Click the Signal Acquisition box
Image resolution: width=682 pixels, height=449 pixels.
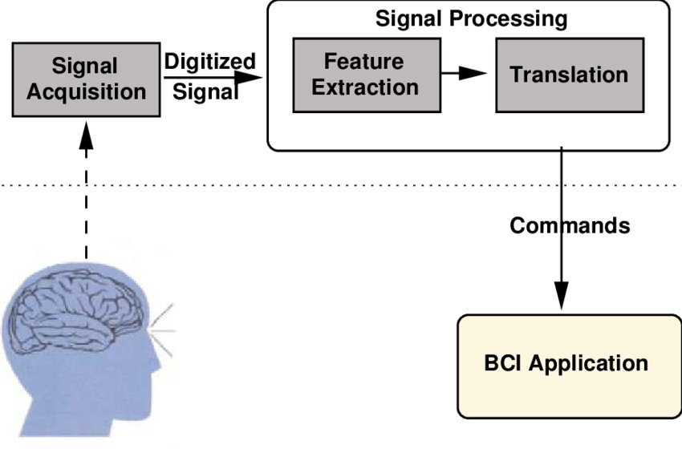tap(86, 79)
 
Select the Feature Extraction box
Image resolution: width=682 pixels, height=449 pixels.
tap(367, 75)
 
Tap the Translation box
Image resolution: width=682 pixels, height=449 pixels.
tap(570, 75)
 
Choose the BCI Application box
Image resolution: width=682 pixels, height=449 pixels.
tap(570, 366)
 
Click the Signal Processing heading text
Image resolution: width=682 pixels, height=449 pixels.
tap(471, 18)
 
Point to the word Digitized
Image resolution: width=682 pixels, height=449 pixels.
tap(209, 61)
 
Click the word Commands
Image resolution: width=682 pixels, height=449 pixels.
tap(570, 225)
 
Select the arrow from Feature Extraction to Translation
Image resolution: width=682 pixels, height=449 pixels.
tap(464, 73)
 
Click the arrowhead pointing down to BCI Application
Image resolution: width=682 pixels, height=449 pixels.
tap(561, 296)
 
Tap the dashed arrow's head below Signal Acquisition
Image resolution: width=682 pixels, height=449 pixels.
tap(86, 135)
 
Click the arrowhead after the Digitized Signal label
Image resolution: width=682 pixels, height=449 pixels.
tap(249, 78)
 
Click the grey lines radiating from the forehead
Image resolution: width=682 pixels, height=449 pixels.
tap(162, 330)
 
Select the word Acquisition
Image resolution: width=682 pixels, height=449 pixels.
tap(86, 92)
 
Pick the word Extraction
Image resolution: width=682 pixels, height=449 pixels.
tap(365, 87)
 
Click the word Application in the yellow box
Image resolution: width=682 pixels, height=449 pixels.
tap(588, 364)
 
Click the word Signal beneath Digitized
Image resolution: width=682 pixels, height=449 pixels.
tap(205, 91)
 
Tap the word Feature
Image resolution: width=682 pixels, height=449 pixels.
tap(363, 61)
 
